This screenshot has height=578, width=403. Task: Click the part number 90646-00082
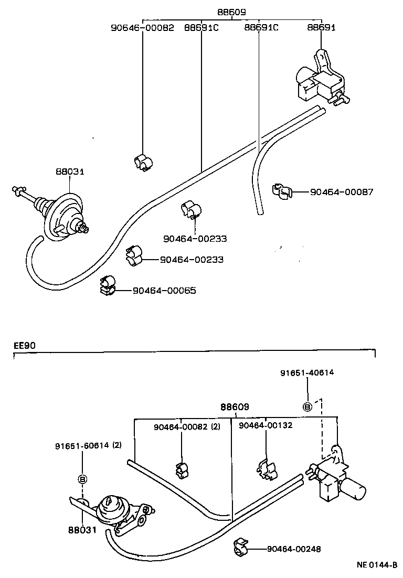[142, 28]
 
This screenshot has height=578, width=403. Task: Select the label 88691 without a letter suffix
[321, 28]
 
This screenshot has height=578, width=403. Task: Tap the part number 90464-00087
[342, 192]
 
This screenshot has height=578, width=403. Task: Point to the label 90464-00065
[164, 290]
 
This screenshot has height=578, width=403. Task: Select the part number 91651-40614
[307, 373]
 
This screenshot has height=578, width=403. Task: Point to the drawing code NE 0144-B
[377, 565]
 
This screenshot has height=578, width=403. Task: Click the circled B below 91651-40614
[307, 406]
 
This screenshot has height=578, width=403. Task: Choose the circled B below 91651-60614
[82, 478]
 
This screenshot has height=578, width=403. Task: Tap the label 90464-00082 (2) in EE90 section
[187, 426]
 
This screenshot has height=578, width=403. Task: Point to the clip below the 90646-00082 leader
[142, 163]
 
